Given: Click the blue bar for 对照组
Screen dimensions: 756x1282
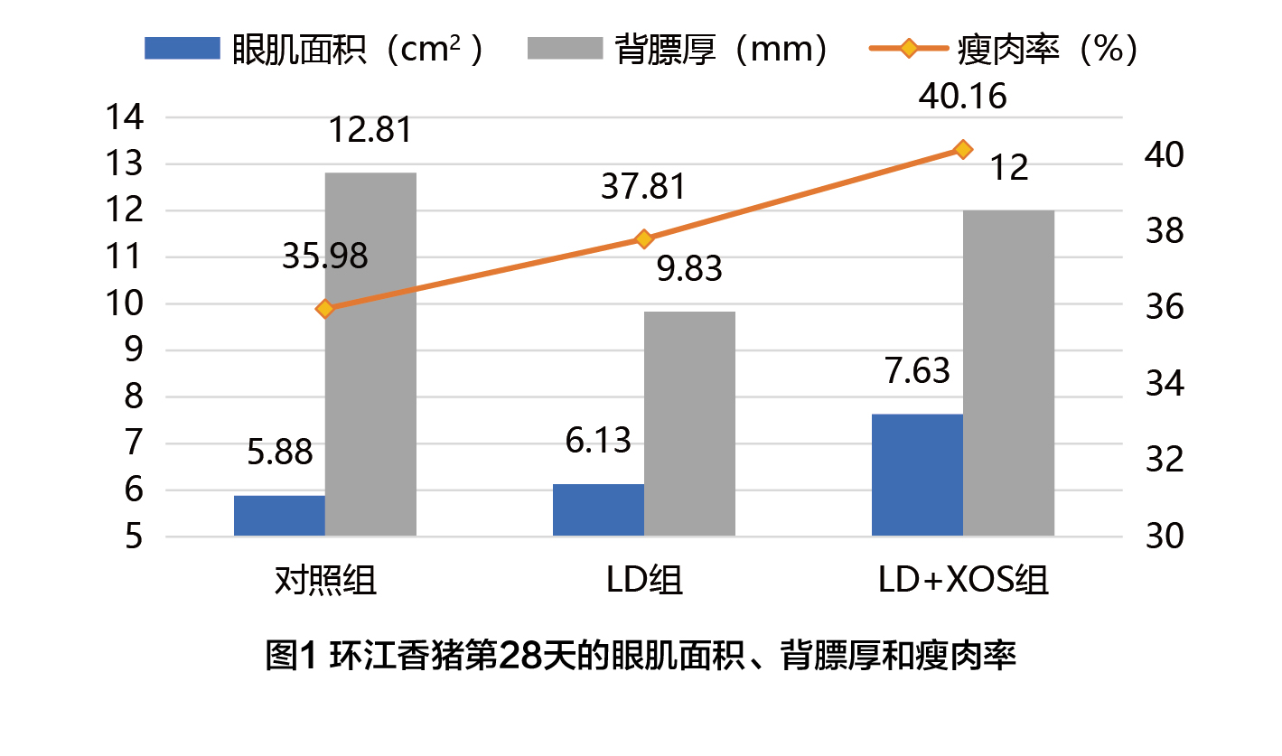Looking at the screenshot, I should pyautogui.click(x=279, y=515).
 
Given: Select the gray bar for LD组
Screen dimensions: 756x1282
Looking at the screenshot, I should pyautogui.click(x=689, y=424).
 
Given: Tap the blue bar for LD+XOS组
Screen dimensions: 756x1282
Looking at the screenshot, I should pyautogui.click(x=917, y=475).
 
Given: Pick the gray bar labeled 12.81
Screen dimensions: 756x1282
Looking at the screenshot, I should pyautogui.click(x=370, y=354).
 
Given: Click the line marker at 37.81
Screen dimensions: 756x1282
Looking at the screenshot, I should pyautogui.click(x=644, y=239).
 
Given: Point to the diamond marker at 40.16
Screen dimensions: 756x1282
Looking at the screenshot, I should pyautogui.click(x=963, y=149).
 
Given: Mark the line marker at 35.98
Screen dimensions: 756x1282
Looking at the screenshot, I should pyautogui.click(x=325, y=309).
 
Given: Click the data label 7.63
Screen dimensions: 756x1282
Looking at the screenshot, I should pyautogui.click(x=916, y=370).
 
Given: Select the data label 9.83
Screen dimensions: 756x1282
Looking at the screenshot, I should pyautogui.click(x=689, y=268).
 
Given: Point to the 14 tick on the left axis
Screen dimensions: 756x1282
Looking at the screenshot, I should pyautogui.click(x=126, y=117).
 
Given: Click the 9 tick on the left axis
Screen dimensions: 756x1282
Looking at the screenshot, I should pyautogui.click(x=133, y=350).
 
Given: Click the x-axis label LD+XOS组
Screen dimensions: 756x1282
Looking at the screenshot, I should pyautogui.click(x=963, y=580).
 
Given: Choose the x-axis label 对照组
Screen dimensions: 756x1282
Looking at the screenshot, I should pyautogui.click(x=325, y=580).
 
